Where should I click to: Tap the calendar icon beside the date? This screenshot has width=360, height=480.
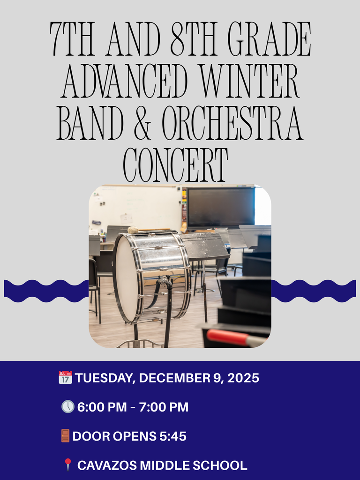click(65, 377)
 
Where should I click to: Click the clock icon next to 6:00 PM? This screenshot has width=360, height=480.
click(68, 407)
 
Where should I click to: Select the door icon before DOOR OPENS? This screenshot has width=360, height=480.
click(66, 436)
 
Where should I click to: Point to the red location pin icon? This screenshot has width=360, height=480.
click(68, 465)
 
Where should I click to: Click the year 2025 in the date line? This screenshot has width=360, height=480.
click(243, 378)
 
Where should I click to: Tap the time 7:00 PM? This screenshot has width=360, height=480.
click(164, 407)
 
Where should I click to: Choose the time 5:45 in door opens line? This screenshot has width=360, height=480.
click(173, 436)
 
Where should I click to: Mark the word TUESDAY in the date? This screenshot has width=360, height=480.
click(103, 378)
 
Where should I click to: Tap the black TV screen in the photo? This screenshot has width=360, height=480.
click(220, 207)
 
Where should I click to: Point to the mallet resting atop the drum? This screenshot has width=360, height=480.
click(141, 230)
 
